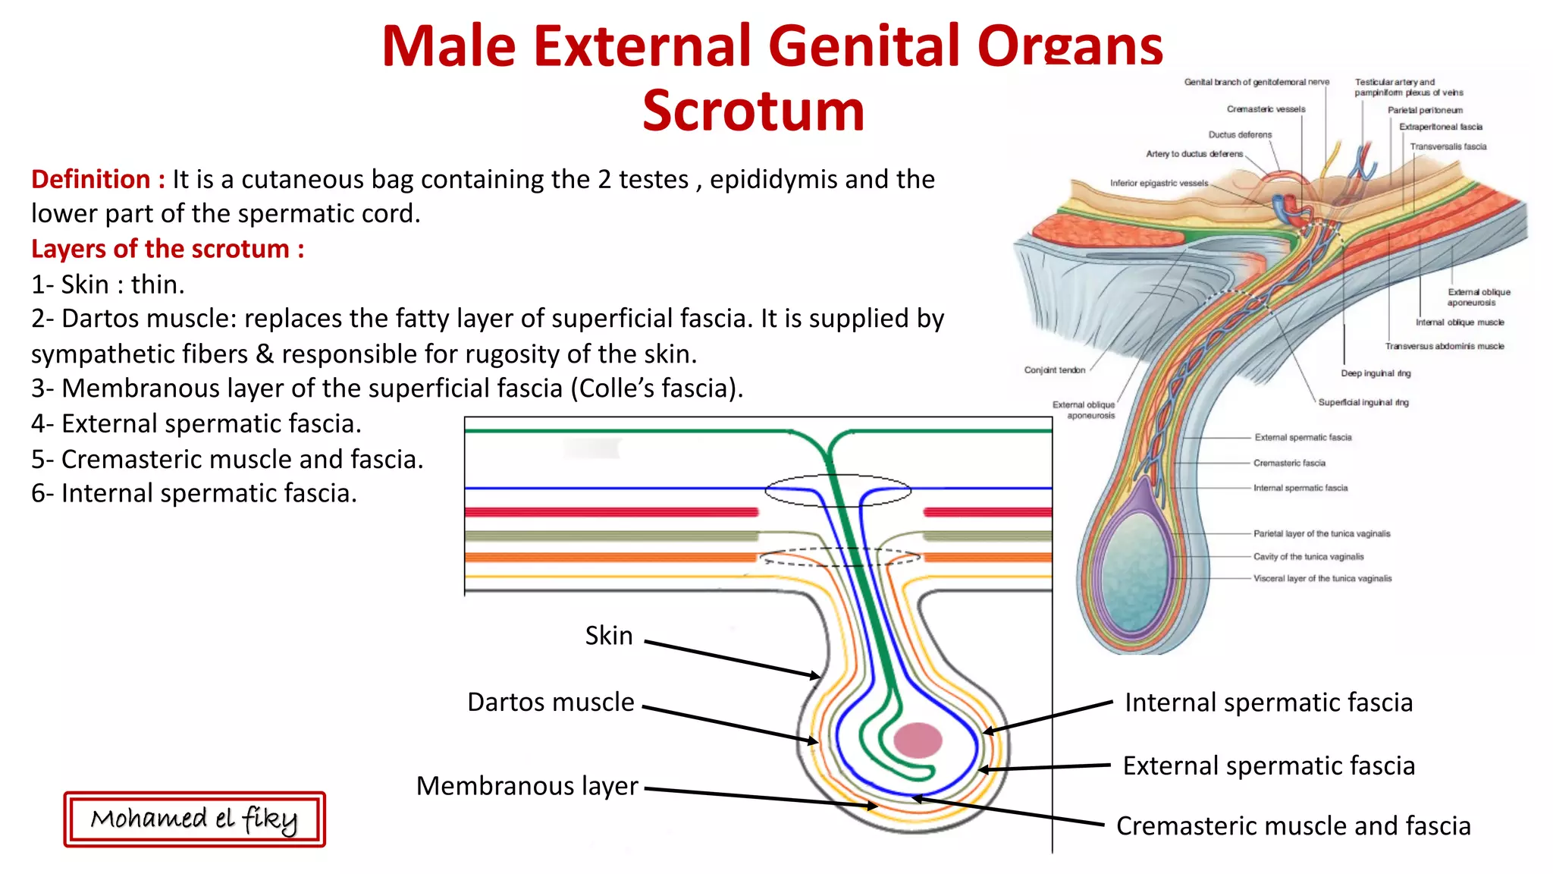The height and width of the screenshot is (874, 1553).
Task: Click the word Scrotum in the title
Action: (x=753, y=111)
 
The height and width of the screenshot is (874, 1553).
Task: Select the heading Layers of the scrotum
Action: (x=168, y=249)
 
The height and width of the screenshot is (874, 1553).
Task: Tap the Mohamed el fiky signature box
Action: (x=194, y=819)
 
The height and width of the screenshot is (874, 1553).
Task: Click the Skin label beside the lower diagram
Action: (x=608, y=636)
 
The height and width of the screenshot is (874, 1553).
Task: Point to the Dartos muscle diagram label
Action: (x=551, y=703)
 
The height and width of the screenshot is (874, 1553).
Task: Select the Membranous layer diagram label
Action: (x=527, y=786)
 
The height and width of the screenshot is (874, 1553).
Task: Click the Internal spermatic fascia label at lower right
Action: (x=1268, y=703)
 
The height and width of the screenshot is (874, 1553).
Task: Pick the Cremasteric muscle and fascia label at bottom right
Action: (x=1293, y=825)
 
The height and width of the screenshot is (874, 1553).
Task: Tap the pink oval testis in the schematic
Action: (x=918, y=740)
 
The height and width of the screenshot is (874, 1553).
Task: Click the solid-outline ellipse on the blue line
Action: (x=837, y=491)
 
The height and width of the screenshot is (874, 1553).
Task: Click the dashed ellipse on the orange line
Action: (x=840, y=558)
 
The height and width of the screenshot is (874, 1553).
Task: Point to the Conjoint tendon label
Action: (x=1054, y=370)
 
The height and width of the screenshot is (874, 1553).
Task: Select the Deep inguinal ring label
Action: (x=1375, y=373)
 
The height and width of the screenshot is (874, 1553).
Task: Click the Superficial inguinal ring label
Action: (x=1363, y=403)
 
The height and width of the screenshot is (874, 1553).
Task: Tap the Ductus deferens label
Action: (x=1240, y=135)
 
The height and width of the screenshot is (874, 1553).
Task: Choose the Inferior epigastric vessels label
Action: (x=1159, y=184)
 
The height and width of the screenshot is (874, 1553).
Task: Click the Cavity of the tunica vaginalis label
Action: (x=1308, y=557)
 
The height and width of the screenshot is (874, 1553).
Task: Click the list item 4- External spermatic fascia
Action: (x=196, y=424)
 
